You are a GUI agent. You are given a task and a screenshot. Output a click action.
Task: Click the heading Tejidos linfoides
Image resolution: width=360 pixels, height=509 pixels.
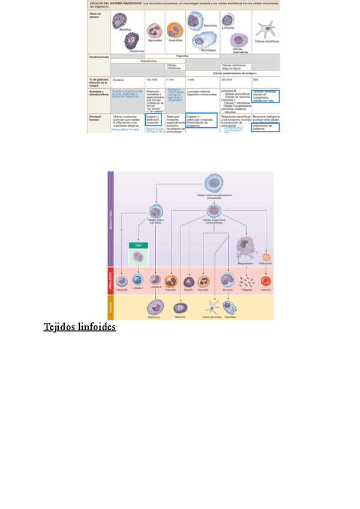pos(79,327)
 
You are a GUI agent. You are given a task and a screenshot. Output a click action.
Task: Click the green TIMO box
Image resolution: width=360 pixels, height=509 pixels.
pos(139,245)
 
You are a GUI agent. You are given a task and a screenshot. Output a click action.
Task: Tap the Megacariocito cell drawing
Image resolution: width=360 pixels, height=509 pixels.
pos(248,245)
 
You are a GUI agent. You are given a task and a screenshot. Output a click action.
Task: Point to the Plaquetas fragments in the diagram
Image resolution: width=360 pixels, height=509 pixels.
pos(246,280)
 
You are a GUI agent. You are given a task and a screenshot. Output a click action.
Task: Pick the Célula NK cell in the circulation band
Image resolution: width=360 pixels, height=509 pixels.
pos(122,280)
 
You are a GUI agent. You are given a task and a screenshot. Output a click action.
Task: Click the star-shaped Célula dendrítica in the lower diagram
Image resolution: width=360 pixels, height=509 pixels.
pos(212,307)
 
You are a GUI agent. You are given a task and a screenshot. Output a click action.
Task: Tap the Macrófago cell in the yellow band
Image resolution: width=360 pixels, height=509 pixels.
pos(230,307)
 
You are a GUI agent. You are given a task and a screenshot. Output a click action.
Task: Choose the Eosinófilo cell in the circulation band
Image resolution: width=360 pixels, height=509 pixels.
pos(170,280)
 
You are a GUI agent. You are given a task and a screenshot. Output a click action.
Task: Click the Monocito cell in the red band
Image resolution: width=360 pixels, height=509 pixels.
pos(227,280)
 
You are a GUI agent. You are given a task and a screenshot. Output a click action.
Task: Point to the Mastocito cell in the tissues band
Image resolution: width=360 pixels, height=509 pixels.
pos(179,307)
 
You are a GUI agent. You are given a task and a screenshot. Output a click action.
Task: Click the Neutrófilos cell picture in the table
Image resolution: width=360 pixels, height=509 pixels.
pos(155,30)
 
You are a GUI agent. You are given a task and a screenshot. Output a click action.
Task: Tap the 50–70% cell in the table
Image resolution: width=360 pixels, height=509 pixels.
pos(152,79)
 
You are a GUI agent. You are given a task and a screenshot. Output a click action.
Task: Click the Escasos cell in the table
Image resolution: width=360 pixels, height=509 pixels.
pos(118,79)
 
